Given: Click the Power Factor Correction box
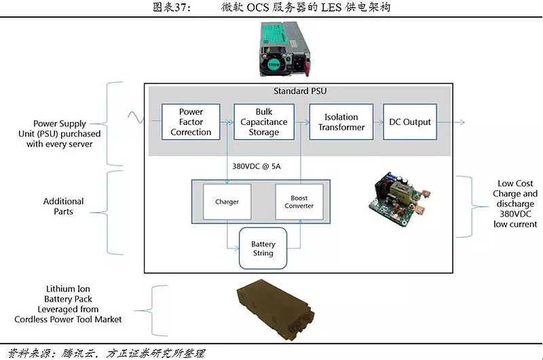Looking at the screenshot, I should [x=191, y=122].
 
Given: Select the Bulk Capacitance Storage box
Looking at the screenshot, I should [x=263, y=122].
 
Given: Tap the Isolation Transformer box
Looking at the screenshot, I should [x=342, y=122].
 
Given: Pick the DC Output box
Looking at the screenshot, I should [x=410, y=122].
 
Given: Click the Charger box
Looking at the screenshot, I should [x=227, y=202].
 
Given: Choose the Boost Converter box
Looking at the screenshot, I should [x=299, y=202].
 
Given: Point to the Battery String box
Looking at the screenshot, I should [x=263, y=249].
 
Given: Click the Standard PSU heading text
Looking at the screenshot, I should [x=299, y=92].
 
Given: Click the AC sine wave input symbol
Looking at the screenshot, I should [x=135, y=120].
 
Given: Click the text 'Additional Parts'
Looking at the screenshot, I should [x=64, y=206].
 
